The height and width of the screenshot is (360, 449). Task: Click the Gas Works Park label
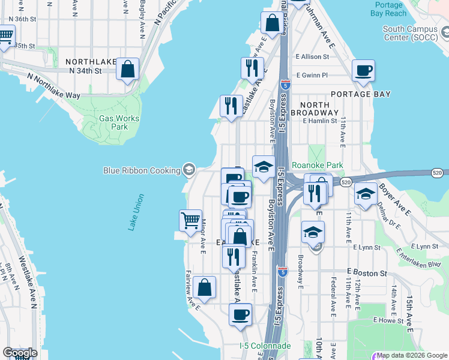pos(119,122)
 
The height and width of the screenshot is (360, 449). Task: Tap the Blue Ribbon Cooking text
pos(142,170)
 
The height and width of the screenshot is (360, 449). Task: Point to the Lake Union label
pos(136,212)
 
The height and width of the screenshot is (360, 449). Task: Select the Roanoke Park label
pos(317,165)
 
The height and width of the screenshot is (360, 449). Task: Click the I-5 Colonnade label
pos(265,346)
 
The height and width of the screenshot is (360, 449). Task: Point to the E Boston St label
pos(366,272)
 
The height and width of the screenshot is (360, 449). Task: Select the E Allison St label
pos(312,56)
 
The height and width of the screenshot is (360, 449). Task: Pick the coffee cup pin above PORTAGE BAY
pos(363,70)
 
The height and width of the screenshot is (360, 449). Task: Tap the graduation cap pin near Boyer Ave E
pos(366,194)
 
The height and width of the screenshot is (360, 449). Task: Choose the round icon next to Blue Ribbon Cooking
pos(189,170)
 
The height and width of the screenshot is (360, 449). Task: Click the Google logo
pos(20,352)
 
